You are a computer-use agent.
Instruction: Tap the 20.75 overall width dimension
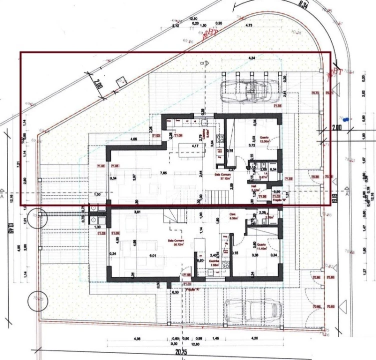180,352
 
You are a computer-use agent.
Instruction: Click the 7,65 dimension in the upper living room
163,173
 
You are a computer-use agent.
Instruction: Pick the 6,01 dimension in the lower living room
153,255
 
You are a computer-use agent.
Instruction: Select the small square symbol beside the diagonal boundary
121,80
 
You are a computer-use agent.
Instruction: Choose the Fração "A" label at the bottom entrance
192,289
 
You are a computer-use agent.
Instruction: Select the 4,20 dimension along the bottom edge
255,338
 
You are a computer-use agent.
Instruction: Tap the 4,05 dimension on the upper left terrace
133,138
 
